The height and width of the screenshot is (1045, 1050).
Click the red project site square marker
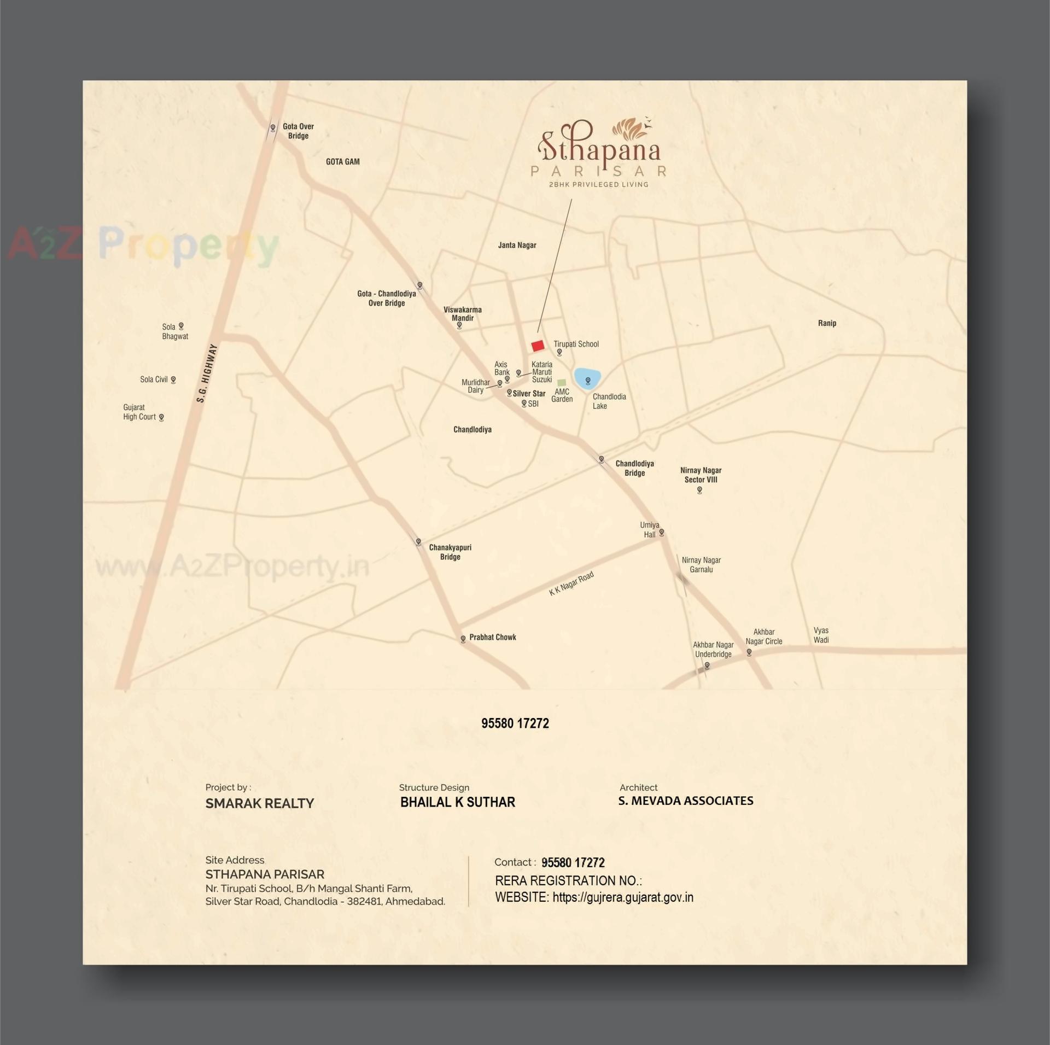pyautogui.click(x=538, y=346)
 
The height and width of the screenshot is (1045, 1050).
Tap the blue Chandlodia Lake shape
pyautogui.click(x=587, y=378)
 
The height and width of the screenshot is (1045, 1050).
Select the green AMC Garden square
pyautogui.click(x=561, y=383)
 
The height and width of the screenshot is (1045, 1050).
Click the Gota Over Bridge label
pyautogui.click(x=298, y=131)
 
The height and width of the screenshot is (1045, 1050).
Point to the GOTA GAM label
pyautogui.click(x=342, y=162)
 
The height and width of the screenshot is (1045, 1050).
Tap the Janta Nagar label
pyautogui.click(x=517, y=245)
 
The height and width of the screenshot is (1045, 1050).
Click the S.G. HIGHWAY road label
pyautogui.click(x=207, y=373)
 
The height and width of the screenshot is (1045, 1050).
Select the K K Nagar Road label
pyautogui.click(x=571, y=584)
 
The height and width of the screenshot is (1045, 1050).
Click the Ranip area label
pyautogui.click(x=827, y=323)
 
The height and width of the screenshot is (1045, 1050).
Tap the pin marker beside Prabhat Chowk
pyautogui.click(x=463, y=639)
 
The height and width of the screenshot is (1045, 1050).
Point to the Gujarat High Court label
pyautogui.click(x=139, y=412)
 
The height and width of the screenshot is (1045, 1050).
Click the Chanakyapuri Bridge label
pyautogui.click(x=450, y=552)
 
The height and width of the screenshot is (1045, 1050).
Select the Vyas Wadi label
pyautogui.click(x=821, y=635)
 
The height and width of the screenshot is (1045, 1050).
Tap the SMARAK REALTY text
pyautogui.click(x=260, y=803)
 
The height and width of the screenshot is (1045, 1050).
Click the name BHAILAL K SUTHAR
pyautogui.click(x=457, y=802)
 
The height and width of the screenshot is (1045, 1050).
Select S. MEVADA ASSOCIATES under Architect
pyautogui.click(x=685, y=801)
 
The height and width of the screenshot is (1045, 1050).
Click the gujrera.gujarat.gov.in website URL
pyautogui.click(x=623, y=897)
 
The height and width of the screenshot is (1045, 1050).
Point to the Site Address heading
pyautogui.click(x=235, y=860)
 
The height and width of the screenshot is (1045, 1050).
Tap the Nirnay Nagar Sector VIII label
pyautogui.click(x=701, y=475)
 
